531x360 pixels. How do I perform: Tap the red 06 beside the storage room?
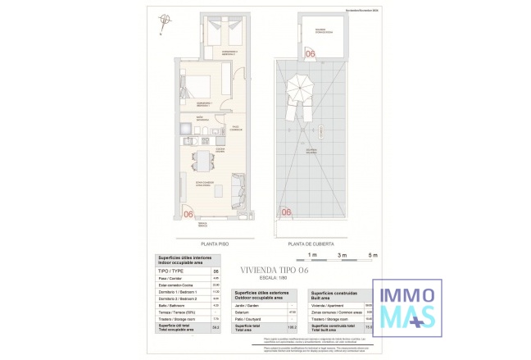point(310,53)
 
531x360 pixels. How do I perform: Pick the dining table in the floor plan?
point(200,159)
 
